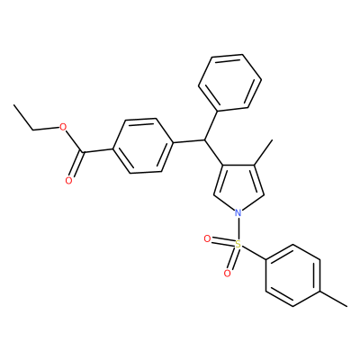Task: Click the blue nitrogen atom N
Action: [238, 213]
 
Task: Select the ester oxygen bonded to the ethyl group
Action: [63, 127]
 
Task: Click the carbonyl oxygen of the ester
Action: [68, 181]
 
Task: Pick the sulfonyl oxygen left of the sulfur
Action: [207, 238]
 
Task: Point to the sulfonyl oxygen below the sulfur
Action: [228, 273]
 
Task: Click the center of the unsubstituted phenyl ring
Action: [229, 83]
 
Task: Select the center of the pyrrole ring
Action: [238, 186]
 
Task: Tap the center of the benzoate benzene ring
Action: [143, 146]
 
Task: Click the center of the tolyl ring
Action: [293, 275]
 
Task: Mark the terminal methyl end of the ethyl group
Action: [13, 104]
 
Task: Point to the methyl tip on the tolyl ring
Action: [347, 306]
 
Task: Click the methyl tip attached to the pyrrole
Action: [272, 139]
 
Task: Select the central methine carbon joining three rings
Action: [205, 139]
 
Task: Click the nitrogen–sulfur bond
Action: [238, 229]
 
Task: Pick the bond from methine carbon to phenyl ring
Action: [211, 126]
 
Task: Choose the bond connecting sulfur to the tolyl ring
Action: [254, 253]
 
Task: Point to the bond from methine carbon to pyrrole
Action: [213, 152]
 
